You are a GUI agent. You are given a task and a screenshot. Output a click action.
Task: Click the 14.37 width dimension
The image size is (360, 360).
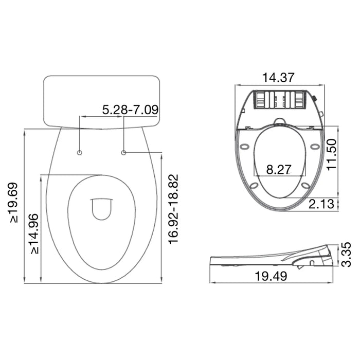click(278, 78)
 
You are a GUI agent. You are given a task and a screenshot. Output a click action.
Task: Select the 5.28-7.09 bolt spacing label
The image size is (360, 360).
click(130, 110)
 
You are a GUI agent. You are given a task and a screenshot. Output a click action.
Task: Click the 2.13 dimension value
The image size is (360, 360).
click(321, 204)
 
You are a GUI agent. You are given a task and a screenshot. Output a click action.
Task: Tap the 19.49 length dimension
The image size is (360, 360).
click(271, 276)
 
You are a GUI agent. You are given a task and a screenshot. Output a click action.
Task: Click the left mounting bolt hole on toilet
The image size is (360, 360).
click(79, 153)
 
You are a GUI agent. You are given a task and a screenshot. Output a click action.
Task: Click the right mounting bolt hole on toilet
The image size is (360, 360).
click(123, 152)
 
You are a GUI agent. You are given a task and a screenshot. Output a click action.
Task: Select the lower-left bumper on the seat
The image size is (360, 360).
click(254, 186)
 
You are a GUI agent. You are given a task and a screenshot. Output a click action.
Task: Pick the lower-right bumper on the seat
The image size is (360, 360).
click(305, 185)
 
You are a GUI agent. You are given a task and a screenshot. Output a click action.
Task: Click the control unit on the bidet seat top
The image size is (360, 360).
click(280, 99)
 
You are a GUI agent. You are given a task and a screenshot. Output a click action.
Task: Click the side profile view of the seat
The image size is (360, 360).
click(273, 257)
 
